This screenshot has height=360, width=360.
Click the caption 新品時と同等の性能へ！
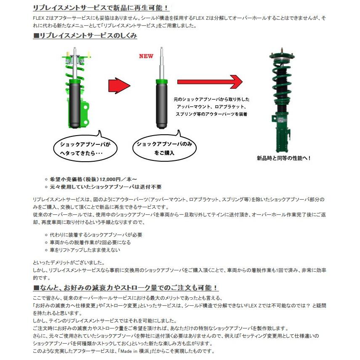point(284,158)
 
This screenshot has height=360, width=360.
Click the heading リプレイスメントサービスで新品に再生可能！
point(101,8)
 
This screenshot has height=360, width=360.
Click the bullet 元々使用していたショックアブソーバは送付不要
point(105,187)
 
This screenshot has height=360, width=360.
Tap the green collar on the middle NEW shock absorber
point(161,81)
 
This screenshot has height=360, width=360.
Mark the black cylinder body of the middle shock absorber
point(161,103)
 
